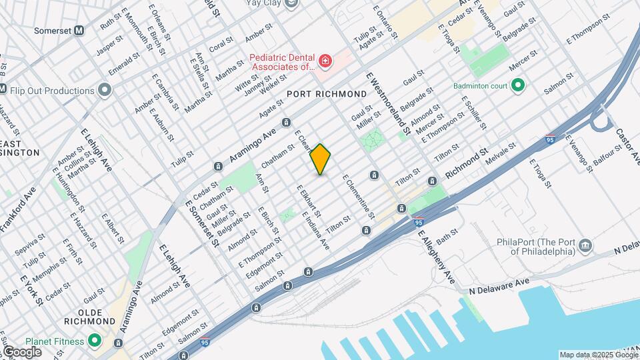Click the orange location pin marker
click(321, 159)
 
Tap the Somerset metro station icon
click(79, 30)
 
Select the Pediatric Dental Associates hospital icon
click(325, 63)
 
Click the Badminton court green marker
click(517, 85)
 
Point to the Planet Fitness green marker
click(94, 341)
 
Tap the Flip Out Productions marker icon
click(104, 90)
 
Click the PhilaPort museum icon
click(585, 246)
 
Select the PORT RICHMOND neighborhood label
click(327, 95)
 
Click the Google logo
click(21, 351)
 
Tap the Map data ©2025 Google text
click(599, 355)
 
